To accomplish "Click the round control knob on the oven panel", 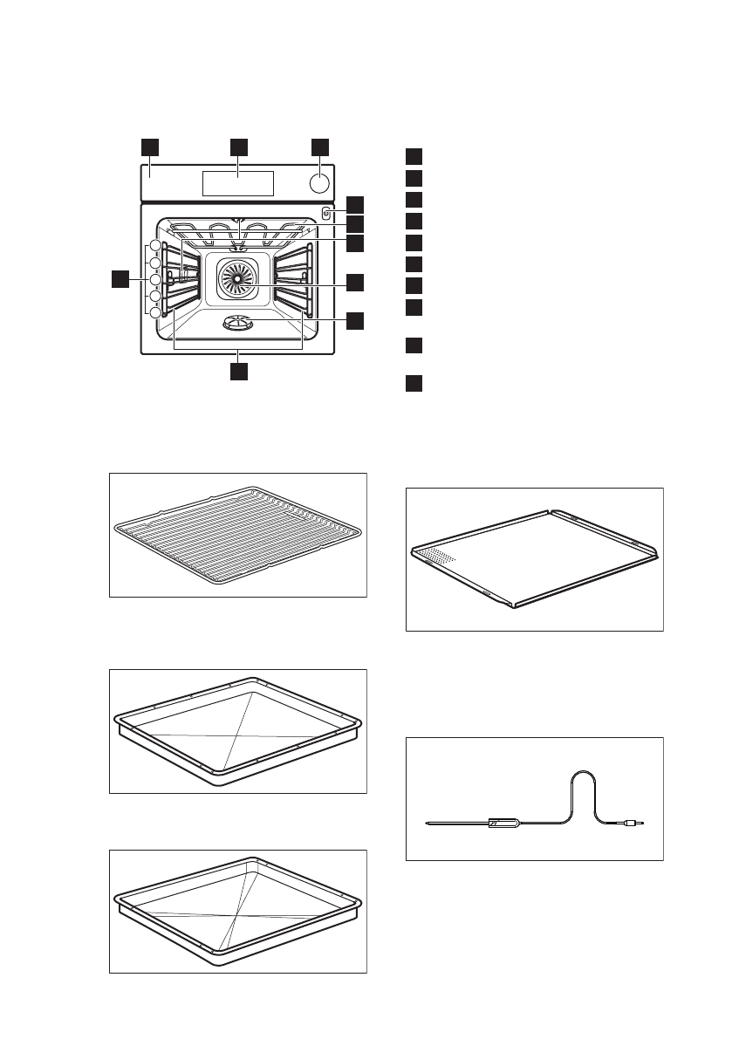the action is (x=320, y=184).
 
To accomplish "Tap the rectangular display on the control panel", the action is (x=238, y=183).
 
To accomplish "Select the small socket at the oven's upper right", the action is (x=325, y=213).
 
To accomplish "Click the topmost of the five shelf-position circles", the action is (x=155, y=246).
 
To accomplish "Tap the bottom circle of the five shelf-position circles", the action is (x=155, y=312).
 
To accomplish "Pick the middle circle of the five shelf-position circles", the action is (x=155, y=279).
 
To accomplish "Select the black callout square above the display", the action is (x=238, y=146).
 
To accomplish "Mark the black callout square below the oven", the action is (x=238, y=372).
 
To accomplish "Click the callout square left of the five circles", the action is (x=120, y=279).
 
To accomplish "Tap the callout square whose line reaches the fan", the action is (x=355, y=282).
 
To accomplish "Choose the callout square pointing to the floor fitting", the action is (x=355, y=321).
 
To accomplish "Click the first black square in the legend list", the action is (x=414, y=156).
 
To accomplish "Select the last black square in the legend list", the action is (x=414, y=384).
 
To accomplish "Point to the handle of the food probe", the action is (x=503, y=822).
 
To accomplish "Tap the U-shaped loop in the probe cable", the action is (x=582, y=785).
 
